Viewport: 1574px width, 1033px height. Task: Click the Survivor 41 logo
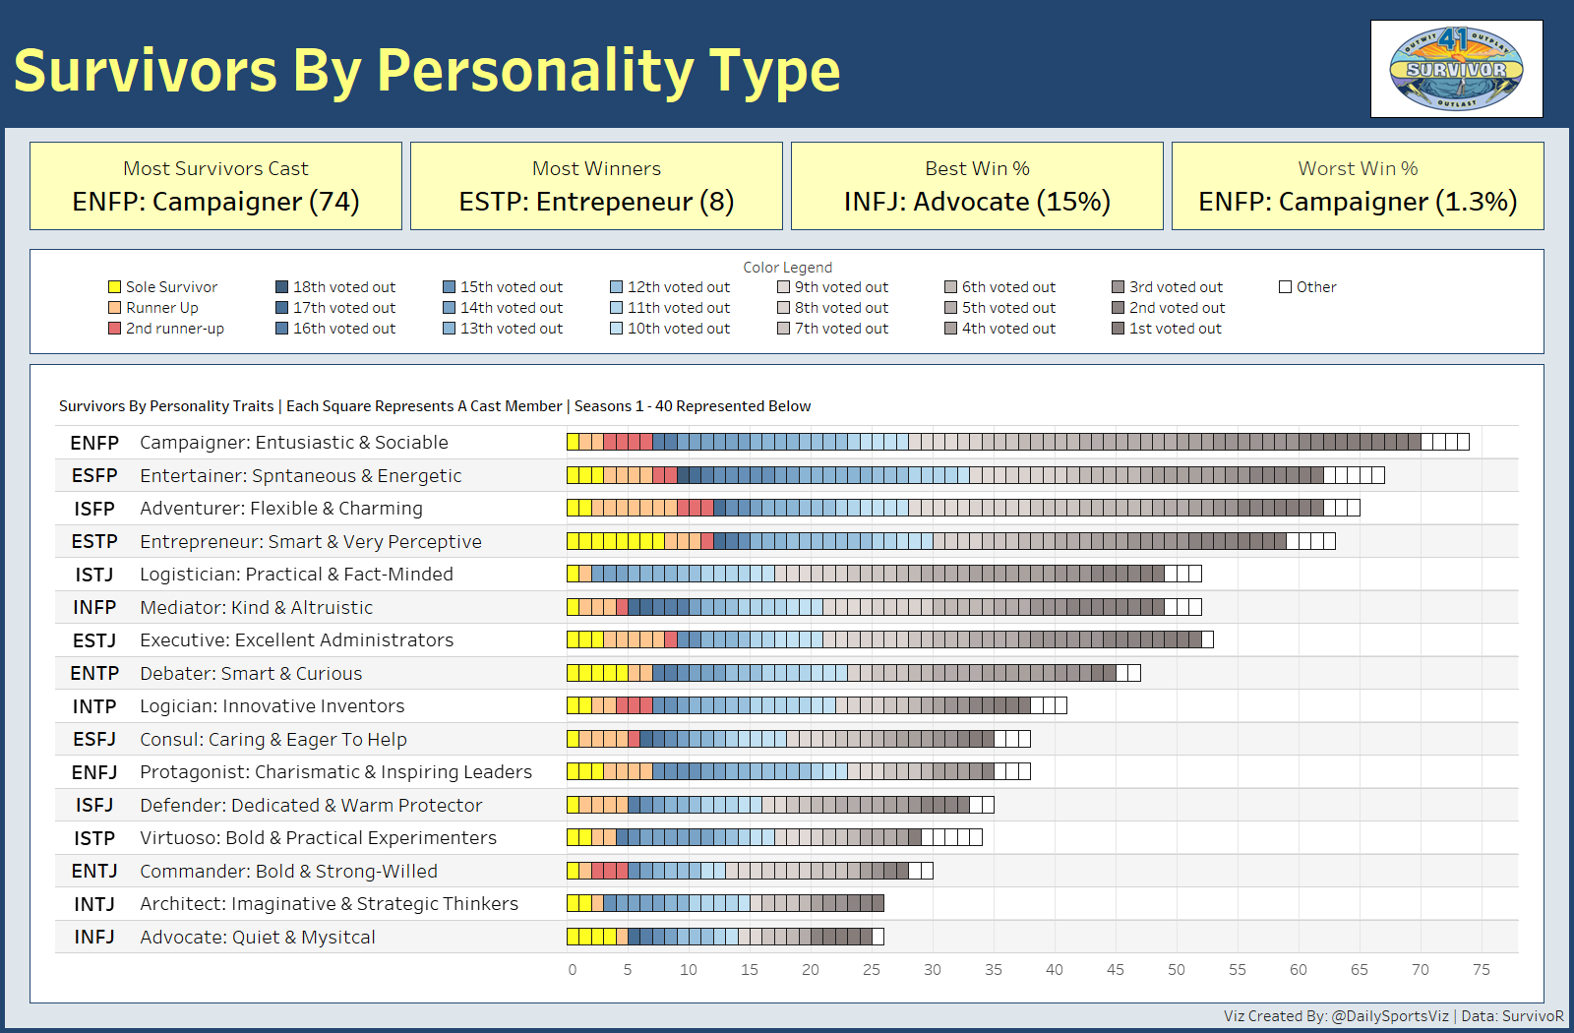[x=1456, y=69]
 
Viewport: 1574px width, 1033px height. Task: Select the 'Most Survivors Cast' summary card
[x=215, y=186]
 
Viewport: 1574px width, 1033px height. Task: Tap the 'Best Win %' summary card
[x=977, y=186]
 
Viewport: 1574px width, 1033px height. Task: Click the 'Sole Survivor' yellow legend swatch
[x=114, y=287]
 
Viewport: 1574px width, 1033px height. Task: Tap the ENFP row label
[x=94, y=443]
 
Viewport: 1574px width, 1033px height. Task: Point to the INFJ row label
[x=94, y=938]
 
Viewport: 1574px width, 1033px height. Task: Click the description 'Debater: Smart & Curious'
[x=251, y=674]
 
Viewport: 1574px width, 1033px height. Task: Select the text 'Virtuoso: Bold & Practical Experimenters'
[x=318, y=838]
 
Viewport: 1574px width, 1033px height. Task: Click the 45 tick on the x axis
[x=1115, y=970]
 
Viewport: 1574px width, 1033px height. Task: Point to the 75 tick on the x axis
[x=1481, y=970]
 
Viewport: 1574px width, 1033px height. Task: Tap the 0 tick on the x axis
[x=573, y=970]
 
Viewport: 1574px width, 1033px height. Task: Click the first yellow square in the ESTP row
[x=574, y=541]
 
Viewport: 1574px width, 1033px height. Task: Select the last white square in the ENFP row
[x=1463, y=442]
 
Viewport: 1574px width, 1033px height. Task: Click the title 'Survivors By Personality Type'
[x=427, y=71]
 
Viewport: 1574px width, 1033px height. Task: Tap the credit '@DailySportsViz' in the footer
[x=1390, y=1016]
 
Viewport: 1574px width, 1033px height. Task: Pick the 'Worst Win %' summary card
[x=1358, y=186]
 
